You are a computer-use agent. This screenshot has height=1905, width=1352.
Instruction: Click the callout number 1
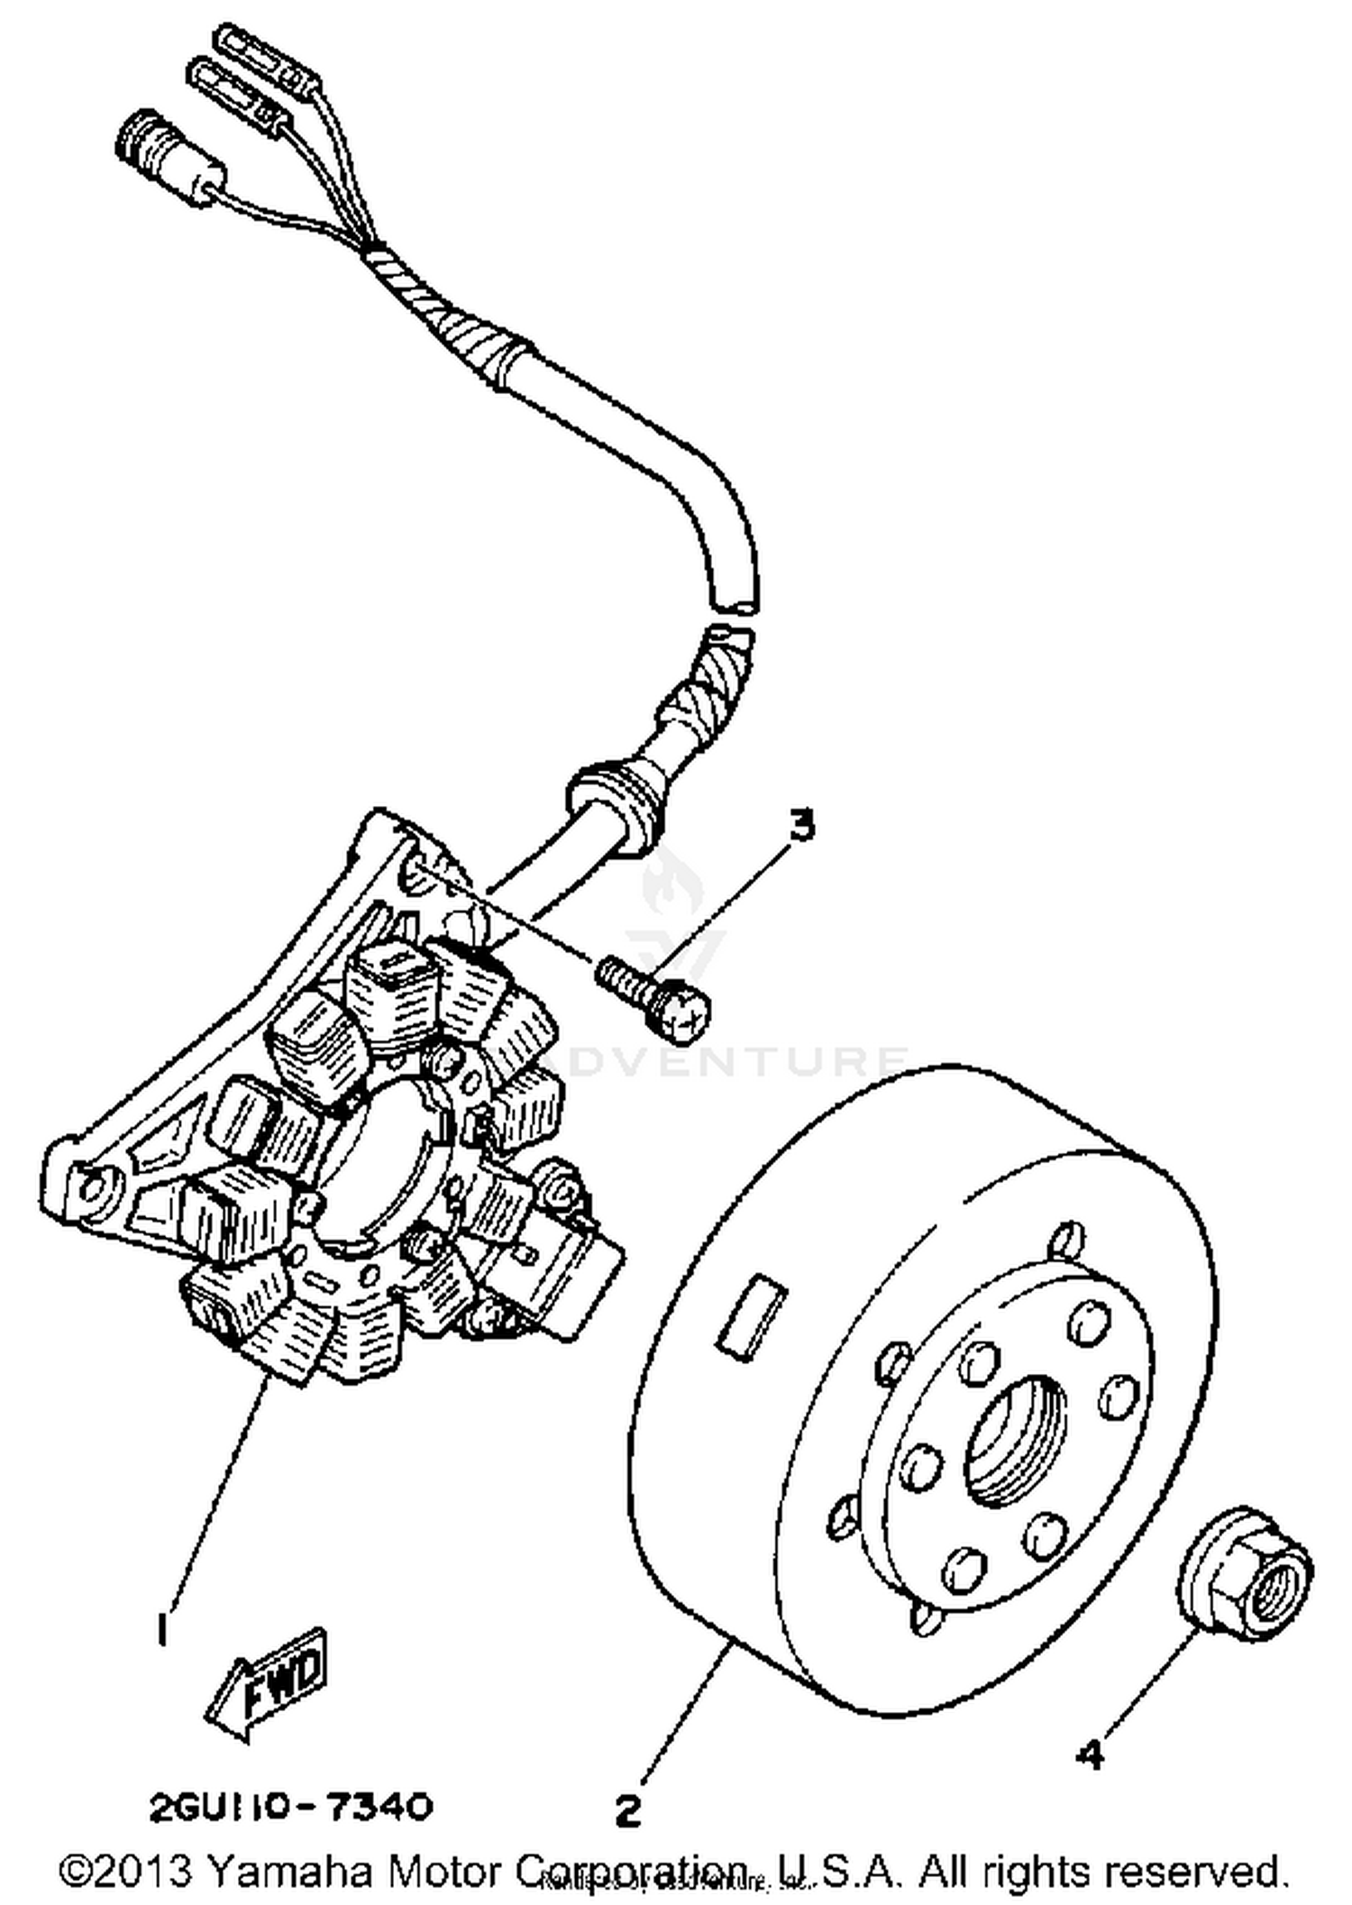click(162, 1629)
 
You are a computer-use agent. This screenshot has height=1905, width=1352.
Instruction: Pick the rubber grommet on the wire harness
click(613, 798)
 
